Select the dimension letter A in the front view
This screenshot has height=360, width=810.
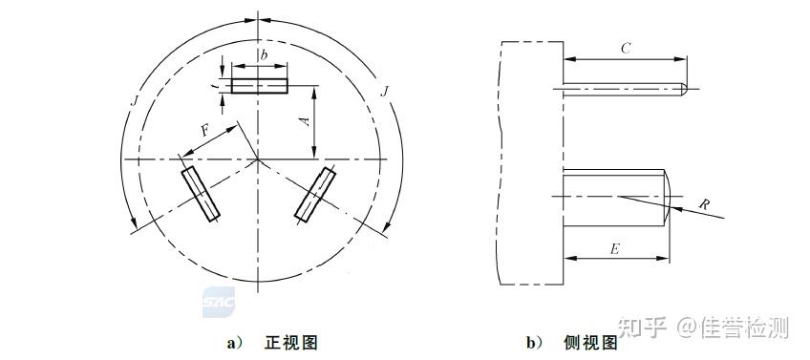tap(304, 121)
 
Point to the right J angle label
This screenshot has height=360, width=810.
tap(383, 91)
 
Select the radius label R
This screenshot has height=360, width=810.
tap(704, 203)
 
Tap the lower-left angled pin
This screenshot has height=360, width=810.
tap(202, 194)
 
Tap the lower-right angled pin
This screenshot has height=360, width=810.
tap(316, 195)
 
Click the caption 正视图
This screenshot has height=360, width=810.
tap(290, 343)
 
